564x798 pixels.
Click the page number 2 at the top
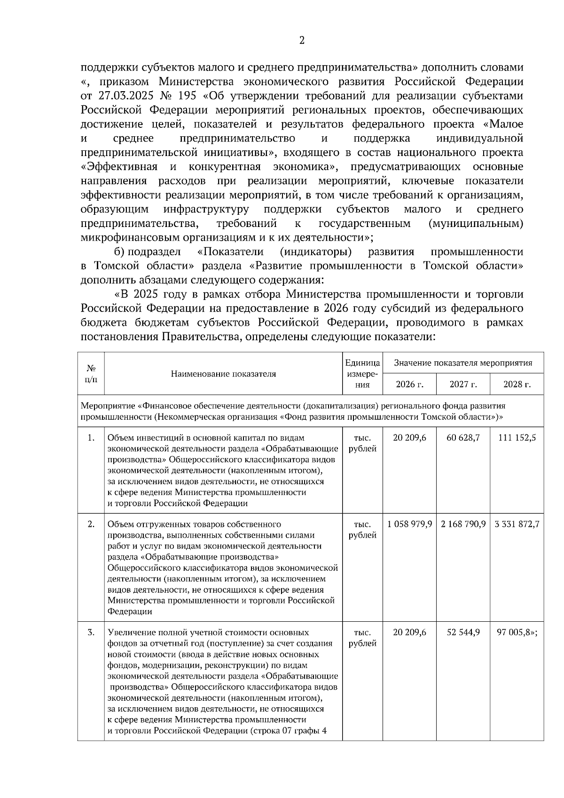(302, 40)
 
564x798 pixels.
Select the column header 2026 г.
(409, 384)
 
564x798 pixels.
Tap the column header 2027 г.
(463, 384)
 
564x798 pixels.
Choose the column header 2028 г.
(517, 384)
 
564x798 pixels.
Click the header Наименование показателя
(223, 374)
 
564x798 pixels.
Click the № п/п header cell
(91, 374)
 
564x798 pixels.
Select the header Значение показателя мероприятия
(463, 363)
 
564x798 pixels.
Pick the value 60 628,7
(463, 438)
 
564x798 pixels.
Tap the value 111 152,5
(517, 438)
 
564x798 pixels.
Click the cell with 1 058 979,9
(409, 524)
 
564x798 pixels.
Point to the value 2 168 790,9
(463, 524)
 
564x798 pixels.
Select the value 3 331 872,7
(517, 524)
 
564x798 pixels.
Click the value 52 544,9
(463, 633)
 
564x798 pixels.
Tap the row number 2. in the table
(91, 524)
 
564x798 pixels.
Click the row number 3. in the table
(91, 633)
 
